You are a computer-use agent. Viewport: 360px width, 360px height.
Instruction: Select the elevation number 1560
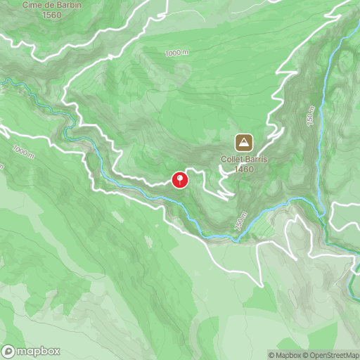[51, 15]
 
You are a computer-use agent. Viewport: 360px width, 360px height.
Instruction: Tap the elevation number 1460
[245, 169]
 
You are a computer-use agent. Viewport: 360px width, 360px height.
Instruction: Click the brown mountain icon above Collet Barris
[244, 143]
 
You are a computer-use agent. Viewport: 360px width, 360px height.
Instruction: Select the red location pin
[180, 180]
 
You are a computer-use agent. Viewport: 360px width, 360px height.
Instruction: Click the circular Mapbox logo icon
[9, 351]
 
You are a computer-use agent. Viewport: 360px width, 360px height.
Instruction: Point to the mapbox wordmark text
[39, 351]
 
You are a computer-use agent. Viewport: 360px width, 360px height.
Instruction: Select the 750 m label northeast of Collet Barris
[311, 116]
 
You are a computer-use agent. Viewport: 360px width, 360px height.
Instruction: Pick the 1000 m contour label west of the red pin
[22, 152]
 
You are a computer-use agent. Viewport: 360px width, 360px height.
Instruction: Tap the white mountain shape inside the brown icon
[244, 143]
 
